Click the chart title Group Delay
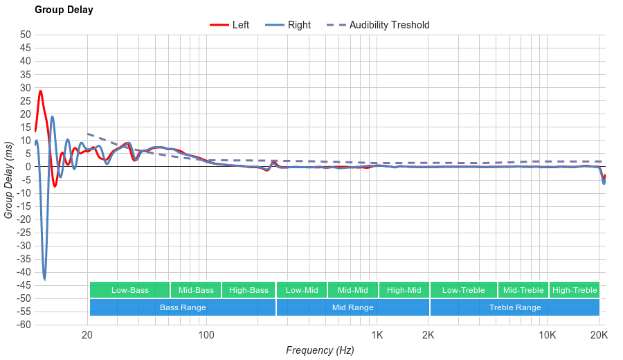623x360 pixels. pyautogui.click(x=64, y=10)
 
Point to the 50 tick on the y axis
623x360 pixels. pyautogui.click(x=26, y=35)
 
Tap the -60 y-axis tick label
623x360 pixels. pyautogui.click(x=24, y=325)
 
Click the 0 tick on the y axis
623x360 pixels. pyautogui.click(x=28, y=167)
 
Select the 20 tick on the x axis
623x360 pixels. pyautogui.click(x=87, y=336)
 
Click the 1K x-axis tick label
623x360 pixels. pyautogui.click(x=377, y=336)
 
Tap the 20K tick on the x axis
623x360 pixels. pyautogui.click(x=599, y=336)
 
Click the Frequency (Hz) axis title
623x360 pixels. pyautogui.click(x=320, y=350)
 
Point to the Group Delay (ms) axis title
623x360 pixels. pyautogui.click(x=9, y=179)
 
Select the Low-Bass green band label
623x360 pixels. pyautogui.click(x=129, y=290)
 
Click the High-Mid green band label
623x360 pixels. pyautogui.click(x=404, y=290)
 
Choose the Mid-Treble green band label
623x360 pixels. pyautogui.click(x=523, y=290)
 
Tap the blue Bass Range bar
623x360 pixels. pyautogui.click(x=183, y=307)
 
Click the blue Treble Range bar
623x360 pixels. pyautogui.click(x=515, y=307)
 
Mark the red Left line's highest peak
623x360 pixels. pyautogui.click(x=40, y=91)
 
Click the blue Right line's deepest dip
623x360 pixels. pyautogui.click(x=44, y=279)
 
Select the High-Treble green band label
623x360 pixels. pyautogui.click(x=575, y=290)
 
